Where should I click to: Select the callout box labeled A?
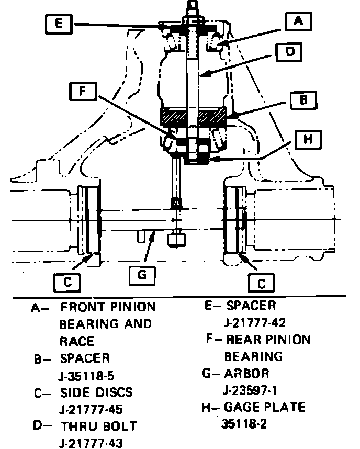point(298,21)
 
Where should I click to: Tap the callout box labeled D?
point(291,52)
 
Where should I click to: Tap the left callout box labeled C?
point(67,282)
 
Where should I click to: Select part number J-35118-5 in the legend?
point(92,375)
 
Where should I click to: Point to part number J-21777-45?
point(92,409)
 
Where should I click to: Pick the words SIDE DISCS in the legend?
point(96,392)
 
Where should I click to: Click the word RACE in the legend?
point(76,341)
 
